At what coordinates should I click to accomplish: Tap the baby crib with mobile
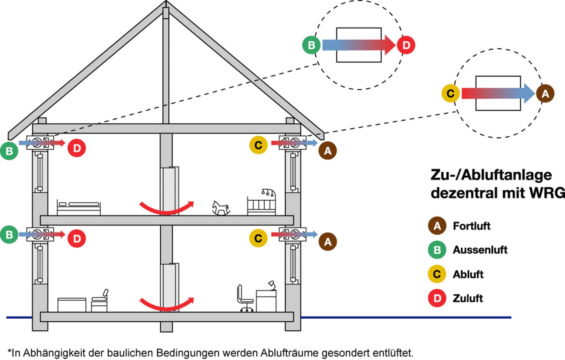[262, 203]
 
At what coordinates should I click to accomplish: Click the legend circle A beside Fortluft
[437, 226]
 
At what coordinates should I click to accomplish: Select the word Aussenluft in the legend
[480, 250]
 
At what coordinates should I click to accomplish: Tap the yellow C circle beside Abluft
[437, 274]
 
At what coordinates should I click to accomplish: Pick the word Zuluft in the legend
[468, 299]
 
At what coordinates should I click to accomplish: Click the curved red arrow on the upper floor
[166, 208]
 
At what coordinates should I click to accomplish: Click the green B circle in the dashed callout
[311, 45]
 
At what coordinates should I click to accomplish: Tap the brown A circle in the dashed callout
[545, 94]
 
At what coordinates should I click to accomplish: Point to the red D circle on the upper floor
[77, 148]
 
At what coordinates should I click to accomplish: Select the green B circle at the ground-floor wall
[9, 235]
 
